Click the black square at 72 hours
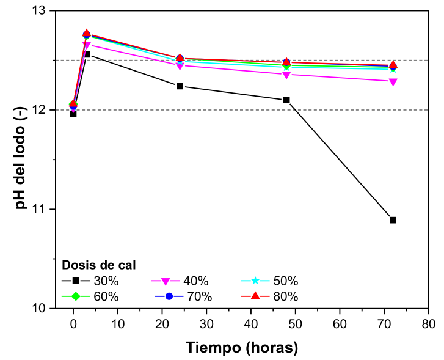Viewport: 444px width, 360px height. click(x=393, y=220)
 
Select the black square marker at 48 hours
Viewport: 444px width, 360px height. click(x=286, y=100)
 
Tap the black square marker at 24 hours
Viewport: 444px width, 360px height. click(x=180, y=86)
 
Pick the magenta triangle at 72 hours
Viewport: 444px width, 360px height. click(x=393, y=81)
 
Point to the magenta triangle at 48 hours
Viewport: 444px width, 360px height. click(x=286, y=75)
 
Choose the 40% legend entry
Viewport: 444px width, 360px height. click(x=181, y=282)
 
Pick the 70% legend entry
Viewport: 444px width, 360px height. click(x=181, y=297)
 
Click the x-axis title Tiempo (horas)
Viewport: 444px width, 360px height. click(x=242, y=347)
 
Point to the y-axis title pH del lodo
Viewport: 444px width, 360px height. click(x=21, y=160)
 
